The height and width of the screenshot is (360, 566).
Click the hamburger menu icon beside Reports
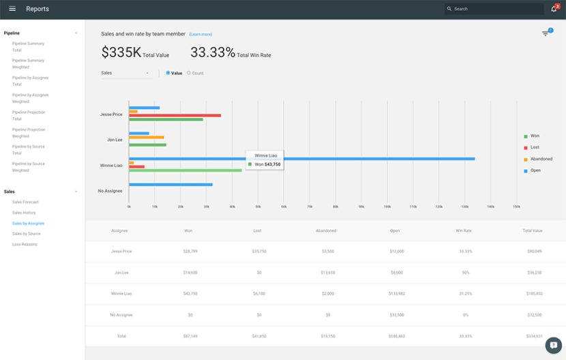[12, 9]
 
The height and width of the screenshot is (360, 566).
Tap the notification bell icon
[554, 9]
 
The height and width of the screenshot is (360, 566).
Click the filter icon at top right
[546, 33]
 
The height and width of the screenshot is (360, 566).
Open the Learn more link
[200, 34]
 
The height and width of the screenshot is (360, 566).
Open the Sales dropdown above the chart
[126, 73]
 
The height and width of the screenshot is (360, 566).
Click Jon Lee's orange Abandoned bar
[146, 137]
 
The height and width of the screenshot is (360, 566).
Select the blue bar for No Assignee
[170, 184]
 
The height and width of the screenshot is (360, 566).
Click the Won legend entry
[534, 136]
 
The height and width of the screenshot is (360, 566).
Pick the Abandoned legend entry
[541, 159]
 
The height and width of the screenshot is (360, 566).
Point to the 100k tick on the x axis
[387, 206]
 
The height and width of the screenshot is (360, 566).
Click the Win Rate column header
[463, 230]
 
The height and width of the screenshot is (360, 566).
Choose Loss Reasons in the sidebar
[25, 244]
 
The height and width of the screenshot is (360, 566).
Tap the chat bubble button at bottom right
[554, 345]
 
